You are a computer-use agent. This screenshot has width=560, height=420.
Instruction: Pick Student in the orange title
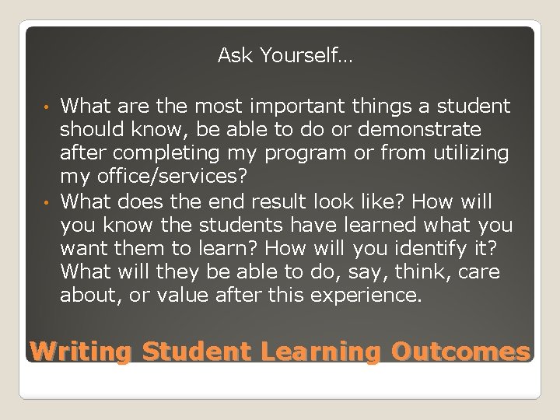click(198, 352)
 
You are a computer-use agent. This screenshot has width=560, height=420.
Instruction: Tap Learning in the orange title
click(321, 352)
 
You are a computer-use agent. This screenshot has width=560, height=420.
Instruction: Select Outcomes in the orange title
click(460, 352)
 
